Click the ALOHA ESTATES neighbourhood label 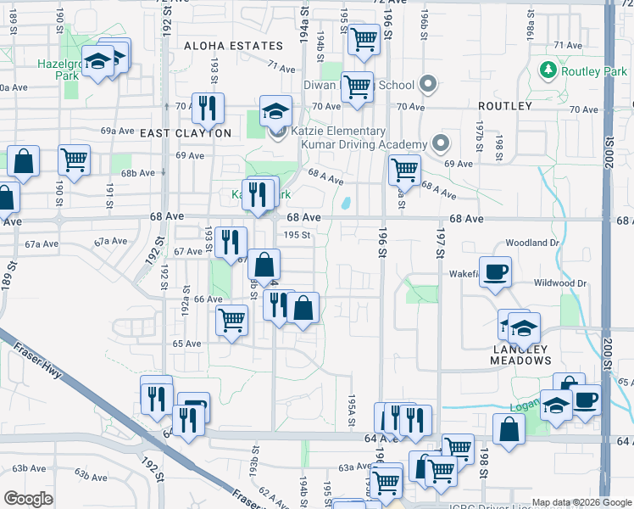233,46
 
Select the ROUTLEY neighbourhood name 504,106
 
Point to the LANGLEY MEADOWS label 520,355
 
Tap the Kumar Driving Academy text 365,145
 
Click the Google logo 28,499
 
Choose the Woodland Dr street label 537,243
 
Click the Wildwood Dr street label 560,282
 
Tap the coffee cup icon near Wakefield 495,271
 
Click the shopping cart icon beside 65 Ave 231,320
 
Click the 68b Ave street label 138,172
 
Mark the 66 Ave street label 208,299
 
